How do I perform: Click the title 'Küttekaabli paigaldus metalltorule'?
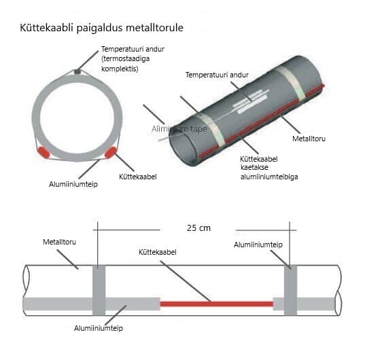pyautogui.click(x=101, y=28)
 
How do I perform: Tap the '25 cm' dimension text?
pyautogui.click(x=198, y=228)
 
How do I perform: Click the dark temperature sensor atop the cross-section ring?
pyautogui.click(x=77, y=71)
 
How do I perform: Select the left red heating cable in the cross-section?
pyautogui.click(x=43, y=153)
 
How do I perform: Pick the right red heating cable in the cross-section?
pyautogui.click(x=111, y=153)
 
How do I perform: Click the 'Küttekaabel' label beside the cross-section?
pyautogui.click(x=138, y=177)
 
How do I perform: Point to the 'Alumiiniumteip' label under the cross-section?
pyautogui.click(x=73, y=184)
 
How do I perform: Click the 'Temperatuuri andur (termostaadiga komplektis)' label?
pyautogui.click(x=133, y=59)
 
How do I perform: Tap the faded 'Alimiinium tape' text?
pyautogui.click(x=179, y=128)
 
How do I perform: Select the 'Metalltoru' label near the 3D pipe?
pyautogui.click(x=309, y=139)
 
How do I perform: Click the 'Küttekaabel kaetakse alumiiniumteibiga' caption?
pyautogui.click(x=269, y=168)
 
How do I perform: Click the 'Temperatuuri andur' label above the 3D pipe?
pyautogui.click(x=217, y=75)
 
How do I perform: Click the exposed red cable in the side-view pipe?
pyautogui.click(x=217, y=304)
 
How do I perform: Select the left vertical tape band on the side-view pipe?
pyautogui.click(x=99, y=290)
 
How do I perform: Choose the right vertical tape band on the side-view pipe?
pyautogui.click(x=290, y=290)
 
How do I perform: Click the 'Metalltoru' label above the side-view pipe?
pyautogui.click(x=59, y=242)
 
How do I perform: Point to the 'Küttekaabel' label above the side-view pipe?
pyautogui.click(x=158, y=253)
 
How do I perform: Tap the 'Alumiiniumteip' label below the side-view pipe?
pyautogui.click(x=99, y=329)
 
